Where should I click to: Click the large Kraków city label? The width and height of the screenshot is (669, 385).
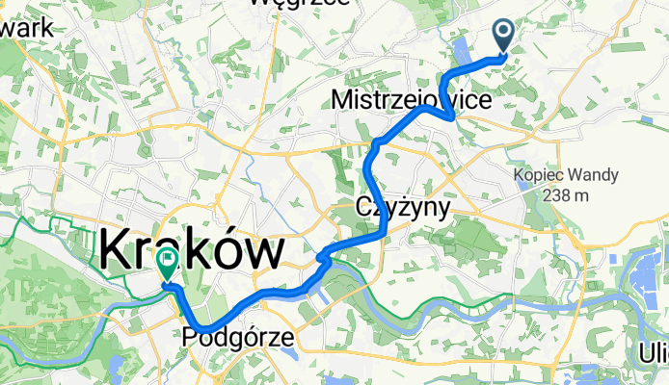(x=192, y=252)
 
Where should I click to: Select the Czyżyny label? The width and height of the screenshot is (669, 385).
(x=402, y=207)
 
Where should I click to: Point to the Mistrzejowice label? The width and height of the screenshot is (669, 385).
(x=412, y=99)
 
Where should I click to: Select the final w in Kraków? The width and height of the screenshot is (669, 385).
(x=265, y=252)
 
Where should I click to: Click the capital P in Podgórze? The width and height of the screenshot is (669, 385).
(x=188, y=337)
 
